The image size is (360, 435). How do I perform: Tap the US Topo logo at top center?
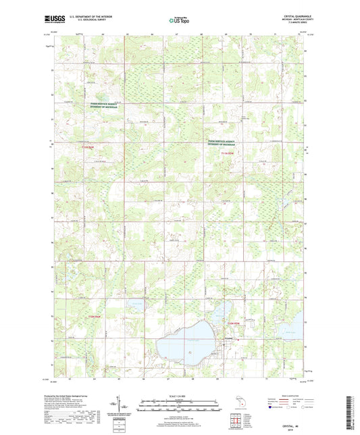click(177, 21)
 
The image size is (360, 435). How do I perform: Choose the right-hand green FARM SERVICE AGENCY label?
click(230, 143)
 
